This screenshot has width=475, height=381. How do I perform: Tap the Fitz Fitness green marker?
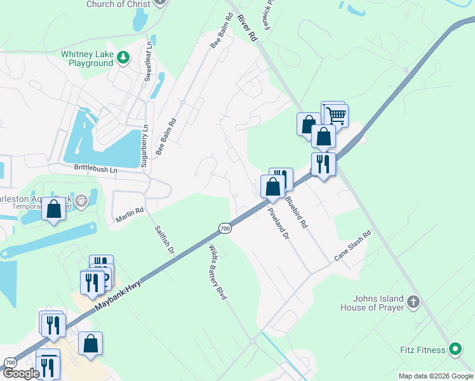tap(455, 349)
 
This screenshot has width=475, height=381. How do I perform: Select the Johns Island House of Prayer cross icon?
tap(413, 302)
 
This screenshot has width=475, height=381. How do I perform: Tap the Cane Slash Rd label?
tap(352, 246)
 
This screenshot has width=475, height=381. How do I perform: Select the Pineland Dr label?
tap(278, 224)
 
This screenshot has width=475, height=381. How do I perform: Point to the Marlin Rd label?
tap(130, 218)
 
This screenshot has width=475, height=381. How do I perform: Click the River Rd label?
tap(248, 27)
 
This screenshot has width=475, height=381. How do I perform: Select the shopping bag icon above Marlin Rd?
tap(54, 209)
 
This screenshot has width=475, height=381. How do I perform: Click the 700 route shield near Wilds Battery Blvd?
tap(224, 228)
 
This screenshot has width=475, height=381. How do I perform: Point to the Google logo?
tap(21, 373)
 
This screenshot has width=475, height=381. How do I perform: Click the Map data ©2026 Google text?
tap(435, 376)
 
